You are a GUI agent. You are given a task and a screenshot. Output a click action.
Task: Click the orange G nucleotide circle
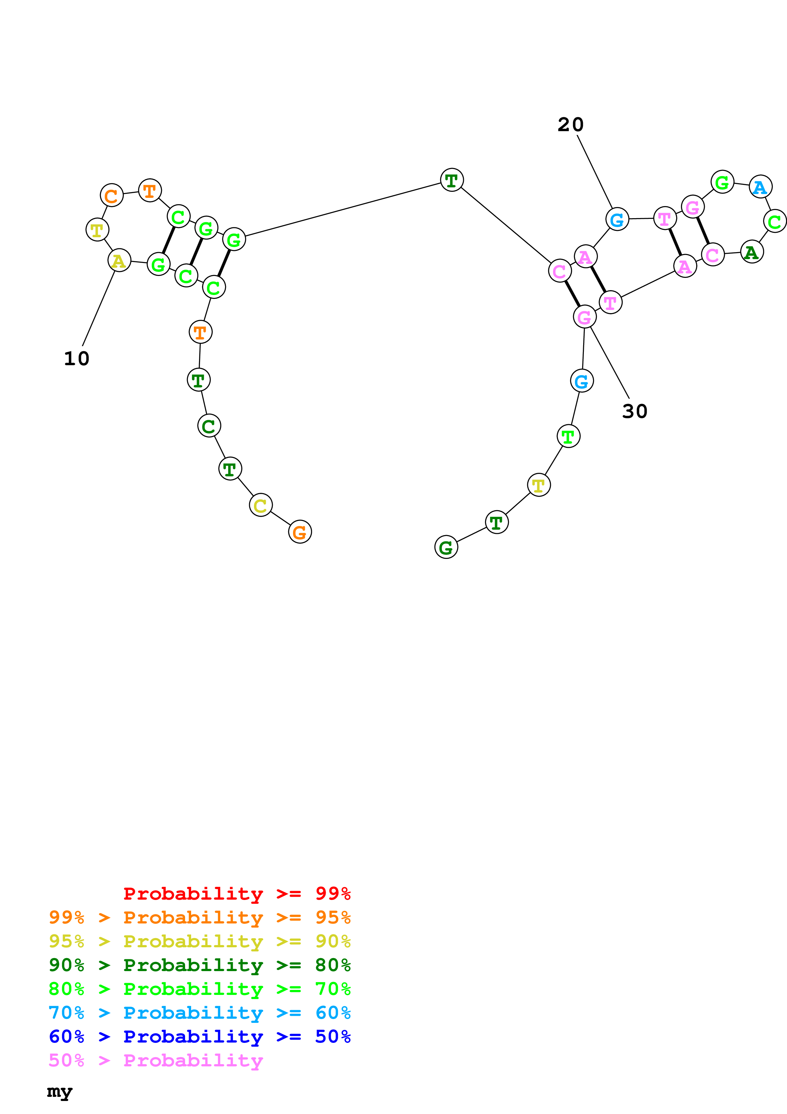(300, 532)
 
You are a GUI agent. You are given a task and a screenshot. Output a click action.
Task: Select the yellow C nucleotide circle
(260, 505)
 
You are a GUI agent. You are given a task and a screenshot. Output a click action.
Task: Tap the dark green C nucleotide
(209, 426)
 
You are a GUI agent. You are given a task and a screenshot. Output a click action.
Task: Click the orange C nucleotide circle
(111, 196)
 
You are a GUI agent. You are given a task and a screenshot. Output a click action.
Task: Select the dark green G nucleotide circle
(446, 547)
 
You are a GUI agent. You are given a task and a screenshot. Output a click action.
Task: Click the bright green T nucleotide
(568, 436)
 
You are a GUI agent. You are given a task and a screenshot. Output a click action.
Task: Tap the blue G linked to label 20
(617, 219)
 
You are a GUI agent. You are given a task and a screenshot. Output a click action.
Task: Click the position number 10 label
(77, 359)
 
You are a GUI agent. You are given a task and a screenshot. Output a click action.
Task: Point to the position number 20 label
(570, 125)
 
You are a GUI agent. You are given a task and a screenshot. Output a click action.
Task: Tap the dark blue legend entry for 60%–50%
(199, 1037)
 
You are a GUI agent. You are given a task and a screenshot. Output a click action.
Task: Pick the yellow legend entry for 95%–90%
(199, 941)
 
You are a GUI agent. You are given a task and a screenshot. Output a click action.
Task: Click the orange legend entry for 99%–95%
(199, 917)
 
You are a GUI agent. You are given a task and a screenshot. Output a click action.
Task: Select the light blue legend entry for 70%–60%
(199, 1013)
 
